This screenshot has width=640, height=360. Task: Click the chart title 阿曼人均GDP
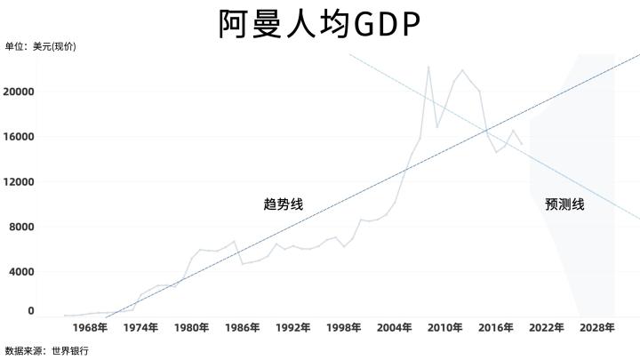tap(319, 24)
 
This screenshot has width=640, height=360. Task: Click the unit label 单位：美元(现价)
tap(41, 47)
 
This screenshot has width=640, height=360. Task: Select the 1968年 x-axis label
tap(90, 328)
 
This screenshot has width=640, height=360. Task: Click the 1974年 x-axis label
tap(140, 328)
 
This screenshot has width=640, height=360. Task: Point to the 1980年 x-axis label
tap(191, 328)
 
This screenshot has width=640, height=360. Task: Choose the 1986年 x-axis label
tap(242, 328)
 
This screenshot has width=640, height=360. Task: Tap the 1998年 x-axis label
tap(343, 328)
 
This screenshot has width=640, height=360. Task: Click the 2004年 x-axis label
tap(394, 328)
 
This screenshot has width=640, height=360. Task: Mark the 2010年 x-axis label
tap(444, 328)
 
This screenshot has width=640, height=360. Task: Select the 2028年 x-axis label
tap(596, 328)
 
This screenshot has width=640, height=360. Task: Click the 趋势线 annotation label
tap(284, 204)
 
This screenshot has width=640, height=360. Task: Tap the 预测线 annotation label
tap(564, 204)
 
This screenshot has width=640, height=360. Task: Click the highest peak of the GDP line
tap(428, 67)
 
